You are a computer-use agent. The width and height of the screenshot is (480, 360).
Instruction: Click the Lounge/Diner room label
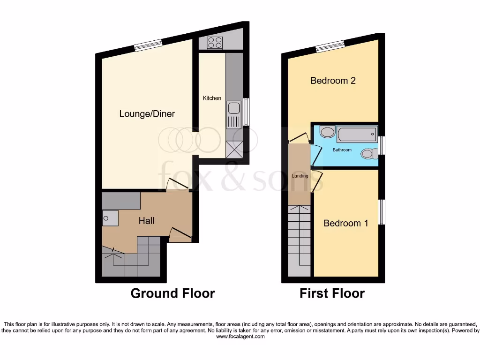point(147,114)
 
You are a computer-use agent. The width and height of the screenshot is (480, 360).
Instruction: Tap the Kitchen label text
point(212,98)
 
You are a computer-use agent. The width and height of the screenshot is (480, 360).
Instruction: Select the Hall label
point(146,220)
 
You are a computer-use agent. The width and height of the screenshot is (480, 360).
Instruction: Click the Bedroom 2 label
point(333,81)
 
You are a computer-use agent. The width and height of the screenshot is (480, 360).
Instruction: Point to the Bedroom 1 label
point(345,223)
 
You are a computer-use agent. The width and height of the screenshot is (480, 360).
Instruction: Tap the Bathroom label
point(342,150)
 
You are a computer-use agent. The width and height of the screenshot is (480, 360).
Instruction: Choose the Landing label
point(300,176)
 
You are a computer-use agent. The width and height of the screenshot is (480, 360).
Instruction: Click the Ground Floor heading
point(172,294)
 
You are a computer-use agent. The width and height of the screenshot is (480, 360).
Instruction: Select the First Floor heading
point(332,294)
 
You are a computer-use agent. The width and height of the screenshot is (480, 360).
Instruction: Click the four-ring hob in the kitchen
point(215,43)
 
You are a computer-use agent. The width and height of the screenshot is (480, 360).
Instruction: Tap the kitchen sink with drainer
point(233,114)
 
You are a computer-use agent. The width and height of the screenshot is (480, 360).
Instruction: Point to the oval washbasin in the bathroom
point(328,132)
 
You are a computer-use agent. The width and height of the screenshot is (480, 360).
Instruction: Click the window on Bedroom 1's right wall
point(382,211)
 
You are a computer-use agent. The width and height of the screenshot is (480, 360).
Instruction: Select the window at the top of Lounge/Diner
point(148,45)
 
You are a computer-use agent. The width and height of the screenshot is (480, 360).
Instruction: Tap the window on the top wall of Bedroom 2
point(330,45)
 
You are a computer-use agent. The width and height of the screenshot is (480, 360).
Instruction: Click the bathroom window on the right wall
point(382,145)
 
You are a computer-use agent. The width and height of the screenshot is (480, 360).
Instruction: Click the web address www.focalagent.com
point(240,337)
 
